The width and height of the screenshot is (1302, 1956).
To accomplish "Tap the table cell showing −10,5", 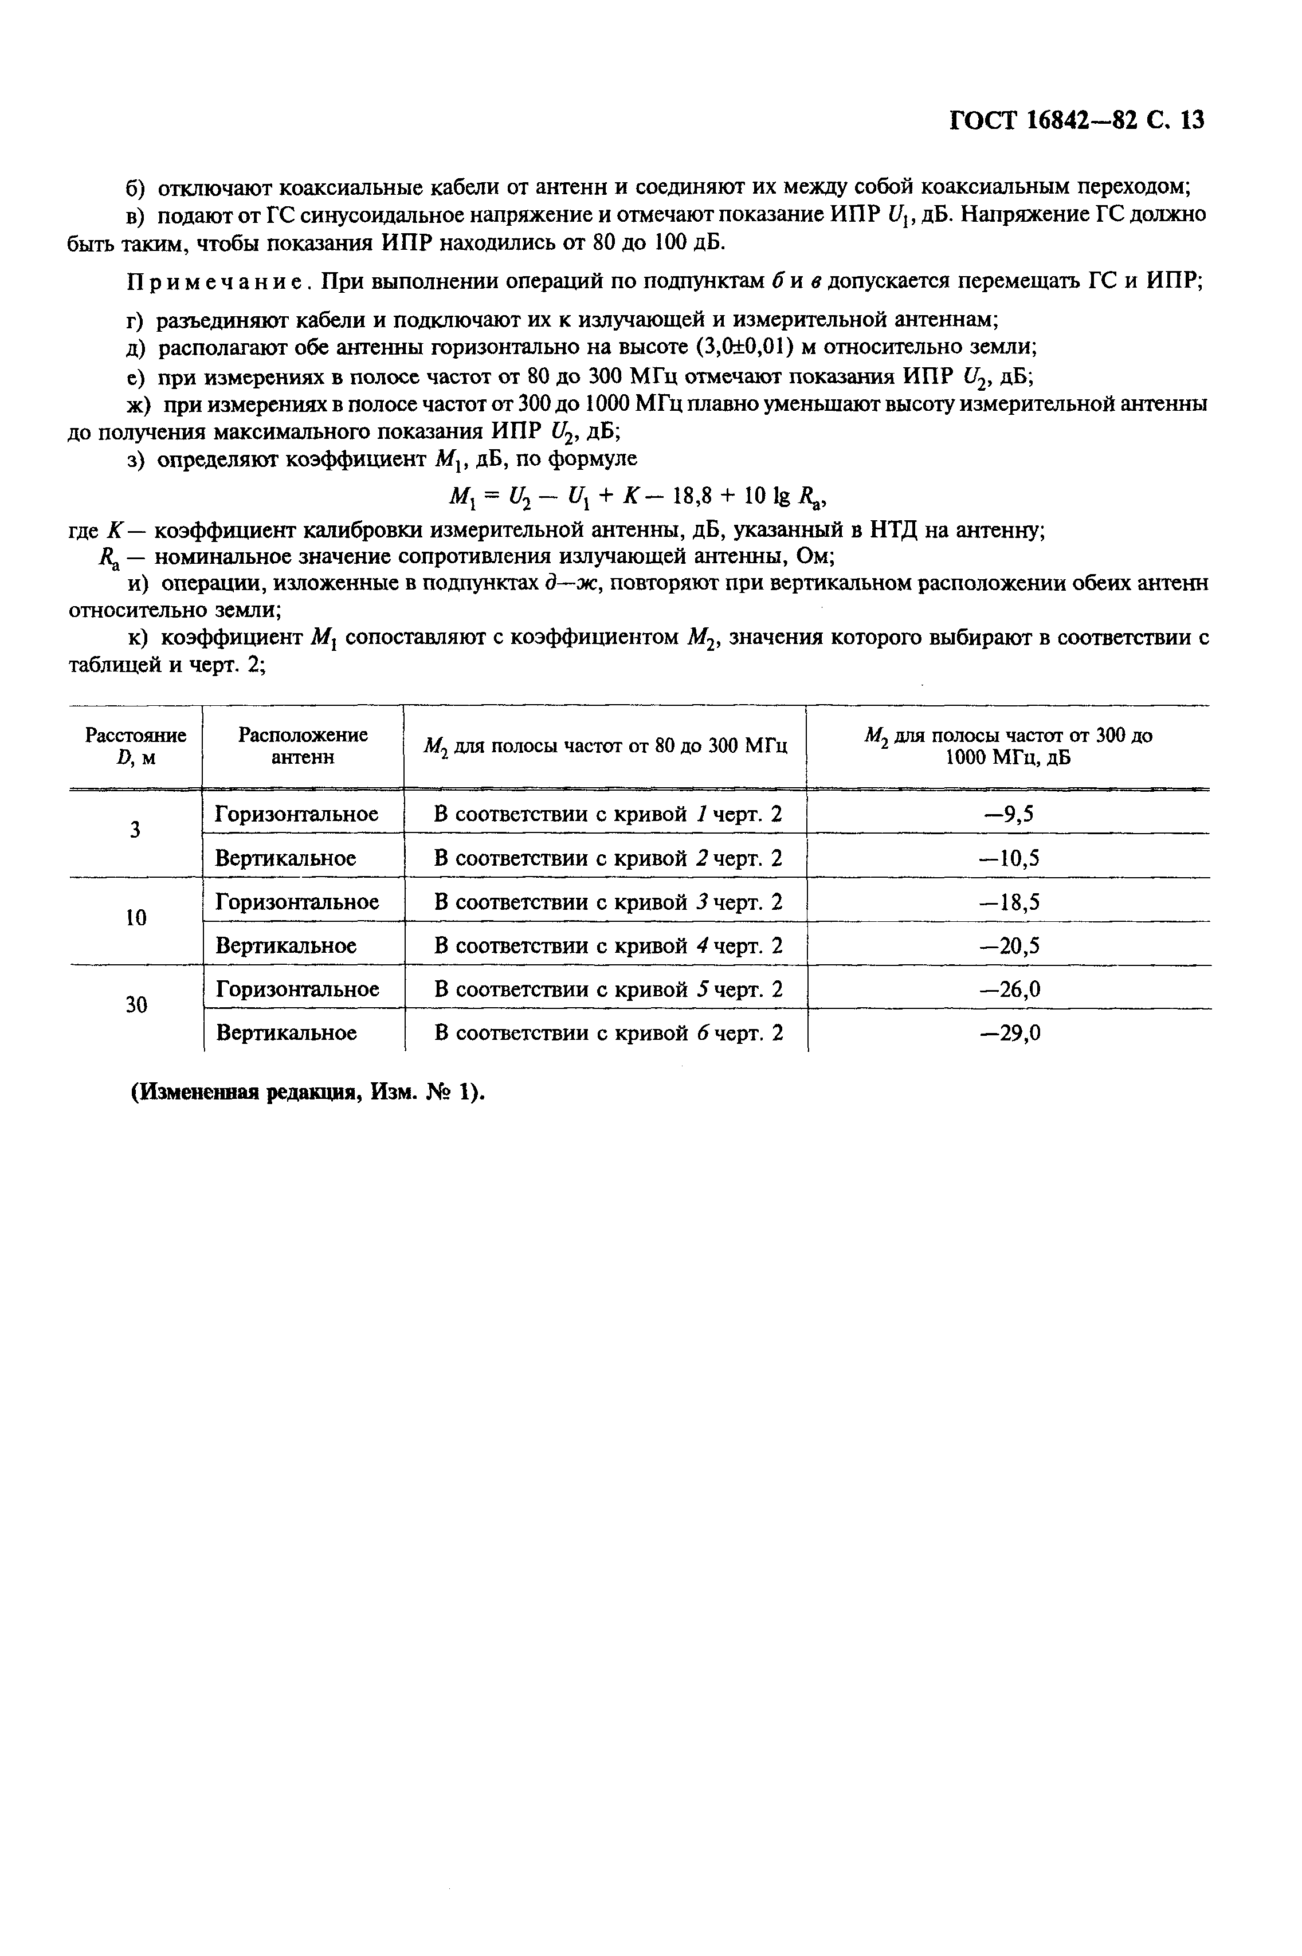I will pyautogui.click(x=1008, y=858).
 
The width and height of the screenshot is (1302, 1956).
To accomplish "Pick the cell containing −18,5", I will pyautogui.click(x=1008, y=902).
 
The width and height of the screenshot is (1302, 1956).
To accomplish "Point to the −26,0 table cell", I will pyautogui.click(x=1008, y=989).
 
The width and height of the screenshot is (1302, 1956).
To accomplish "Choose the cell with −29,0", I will pyautogui.click(x=1008, y=1034).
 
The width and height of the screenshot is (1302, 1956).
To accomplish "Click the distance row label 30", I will pyautogui.click(x=136, y=1006).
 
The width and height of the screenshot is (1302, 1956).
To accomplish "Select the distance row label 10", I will pyautogui.click(x=136, y=918).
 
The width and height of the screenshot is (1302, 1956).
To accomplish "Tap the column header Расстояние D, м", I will pyautogui.click(x=136, y=745).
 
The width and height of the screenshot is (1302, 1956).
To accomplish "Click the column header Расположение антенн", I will pyautogui.click(x=303, y=745).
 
